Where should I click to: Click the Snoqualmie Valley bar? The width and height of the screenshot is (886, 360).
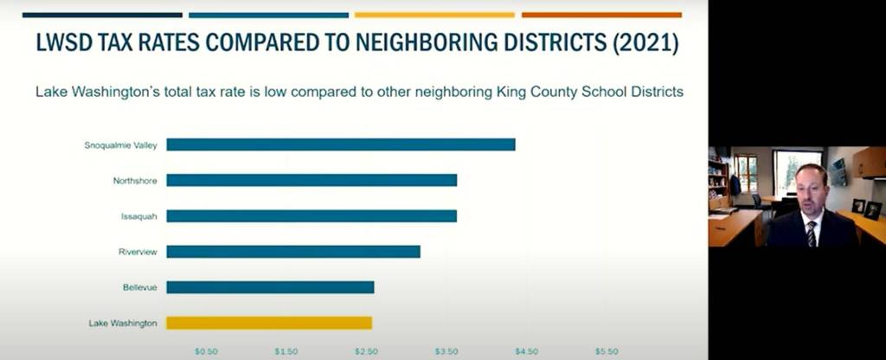(340, 145)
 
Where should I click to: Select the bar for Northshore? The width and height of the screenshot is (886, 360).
(311, 180)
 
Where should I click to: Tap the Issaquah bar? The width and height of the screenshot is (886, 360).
(311, 215)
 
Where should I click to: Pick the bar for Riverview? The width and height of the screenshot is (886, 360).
(292, 252)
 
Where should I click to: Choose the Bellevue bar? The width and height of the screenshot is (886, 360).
(270, 287)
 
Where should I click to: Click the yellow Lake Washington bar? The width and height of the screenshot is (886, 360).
(268, 323)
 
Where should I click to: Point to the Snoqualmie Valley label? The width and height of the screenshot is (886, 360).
(120, 145)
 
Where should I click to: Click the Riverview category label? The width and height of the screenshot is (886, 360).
(138, 252)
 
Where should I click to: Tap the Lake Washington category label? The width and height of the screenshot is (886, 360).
(123, 323)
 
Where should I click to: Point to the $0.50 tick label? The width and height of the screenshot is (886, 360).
(206, 352)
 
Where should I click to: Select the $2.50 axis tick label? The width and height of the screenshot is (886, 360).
(366, 352)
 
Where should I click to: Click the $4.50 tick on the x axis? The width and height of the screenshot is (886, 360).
(526, 352)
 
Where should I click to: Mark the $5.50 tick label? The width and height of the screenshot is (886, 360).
(607, 352)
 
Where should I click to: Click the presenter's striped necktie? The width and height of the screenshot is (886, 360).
(811, 233)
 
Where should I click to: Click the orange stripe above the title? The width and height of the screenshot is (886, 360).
(601, 15)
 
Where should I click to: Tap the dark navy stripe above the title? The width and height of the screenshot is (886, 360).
(102, 15)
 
